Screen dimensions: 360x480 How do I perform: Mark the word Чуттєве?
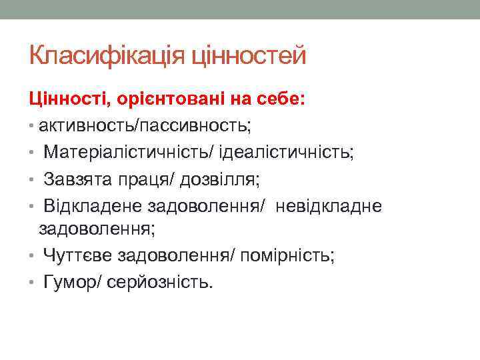click(x=77, y=255)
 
